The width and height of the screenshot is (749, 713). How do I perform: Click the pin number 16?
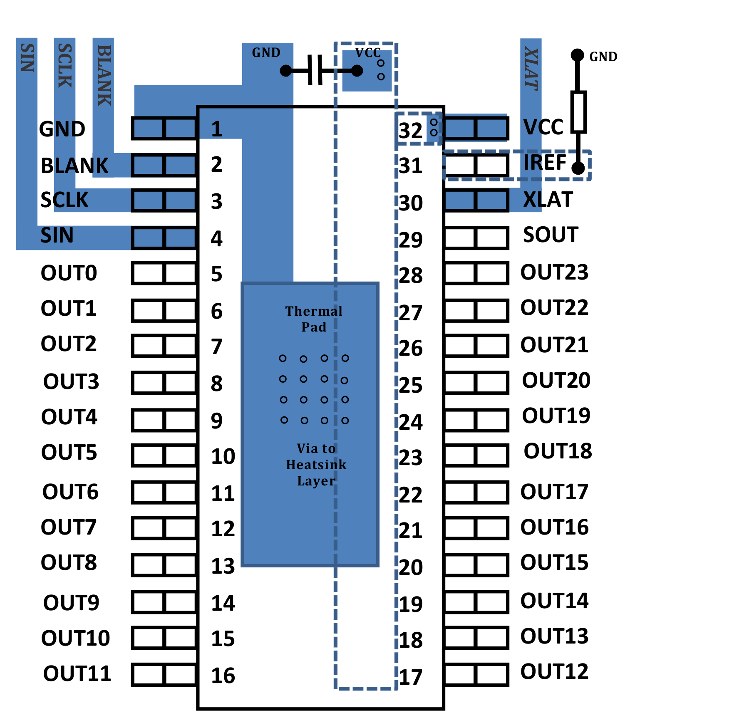pos(223,676)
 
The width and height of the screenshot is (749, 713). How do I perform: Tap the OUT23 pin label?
pos(554,272)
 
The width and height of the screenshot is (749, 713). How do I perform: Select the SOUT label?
pos(551,235)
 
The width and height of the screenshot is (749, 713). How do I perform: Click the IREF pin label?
pos(545,163)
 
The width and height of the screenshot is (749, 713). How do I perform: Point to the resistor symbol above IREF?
pos(578,112)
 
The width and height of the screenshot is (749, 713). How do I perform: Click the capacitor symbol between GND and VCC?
pos(315,70)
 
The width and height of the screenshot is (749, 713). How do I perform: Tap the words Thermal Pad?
pos(314,319)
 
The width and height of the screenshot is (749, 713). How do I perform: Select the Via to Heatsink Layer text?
pos(316,465)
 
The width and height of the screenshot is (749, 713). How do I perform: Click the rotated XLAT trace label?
pos(531,69)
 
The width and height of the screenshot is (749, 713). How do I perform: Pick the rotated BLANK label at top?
pos(104,75)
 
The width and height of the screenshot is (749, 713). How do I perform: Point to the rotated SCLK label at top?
pos(64,66)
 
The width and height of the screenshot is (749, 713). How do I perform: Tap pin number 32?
pos(410,131)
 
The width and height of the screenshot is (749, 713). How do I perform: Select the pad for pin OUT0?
pos(164,273)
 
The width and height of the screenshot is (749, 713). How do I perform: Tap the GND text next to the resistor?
pos(603,57)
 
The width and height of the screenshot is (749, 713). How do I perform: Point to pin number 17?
pos(411,677)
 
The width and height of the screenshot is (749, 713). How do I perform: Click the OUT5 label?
pos(69,453)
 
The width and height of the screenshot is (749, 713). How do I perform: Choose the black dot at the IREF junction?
pos(578,168)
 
